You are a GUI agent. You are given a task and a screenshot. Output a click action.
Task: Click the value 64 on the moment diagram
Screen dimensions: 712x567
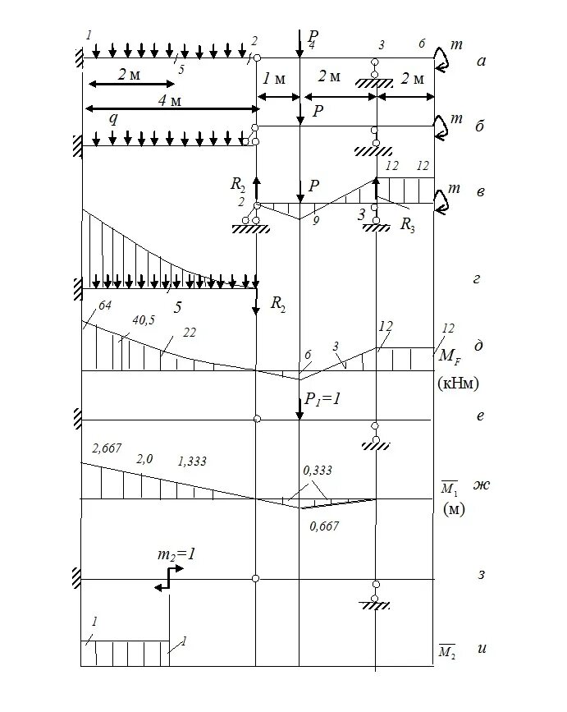[x=103, y=307]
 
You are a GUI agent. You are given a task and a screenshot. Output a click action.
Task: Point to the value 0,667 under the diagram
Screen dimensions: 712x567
[x=324, y=526]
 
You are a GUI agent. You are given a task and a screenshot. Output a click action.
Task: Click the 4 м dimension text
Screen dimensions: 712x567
[x=169, y=100]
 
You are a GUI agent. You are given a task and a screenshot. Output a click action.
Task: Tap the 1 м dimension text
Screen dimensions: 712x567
[x=274, y=79]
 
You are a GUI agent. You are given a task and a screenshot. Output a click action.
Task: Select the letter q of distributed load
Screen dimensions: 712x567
[x=114, y=117]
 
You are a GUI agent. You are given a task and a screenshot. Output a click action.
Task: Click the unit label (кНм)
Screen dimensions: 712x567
[x=460, y=383]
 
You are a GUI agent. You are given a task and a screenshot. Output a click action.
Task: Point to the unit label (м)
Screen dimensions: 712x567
[x=455, y=510]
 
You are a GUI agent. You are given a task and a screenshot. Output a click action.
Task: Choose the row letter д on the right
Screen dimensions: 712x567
[x=478, y=345]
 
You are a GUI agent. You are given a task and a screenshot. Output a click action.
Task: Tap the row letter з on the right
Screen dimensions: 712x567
[x=482, y=572]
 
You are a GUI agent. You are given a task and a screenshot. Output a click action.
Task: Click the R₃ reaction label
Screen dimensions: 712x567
[x=407, y=227]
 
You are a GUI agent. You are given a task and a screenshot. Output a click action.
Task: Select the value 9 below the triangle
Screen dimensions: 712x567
[x=315, y=221]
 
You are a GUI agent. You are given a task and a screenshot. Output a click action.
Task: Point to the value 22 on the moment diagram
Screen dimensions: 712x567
[x=190, y=331]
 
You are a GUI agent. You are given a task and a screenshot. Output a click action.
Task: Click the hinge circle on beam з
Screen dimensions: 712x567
[x=257, y=579]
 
